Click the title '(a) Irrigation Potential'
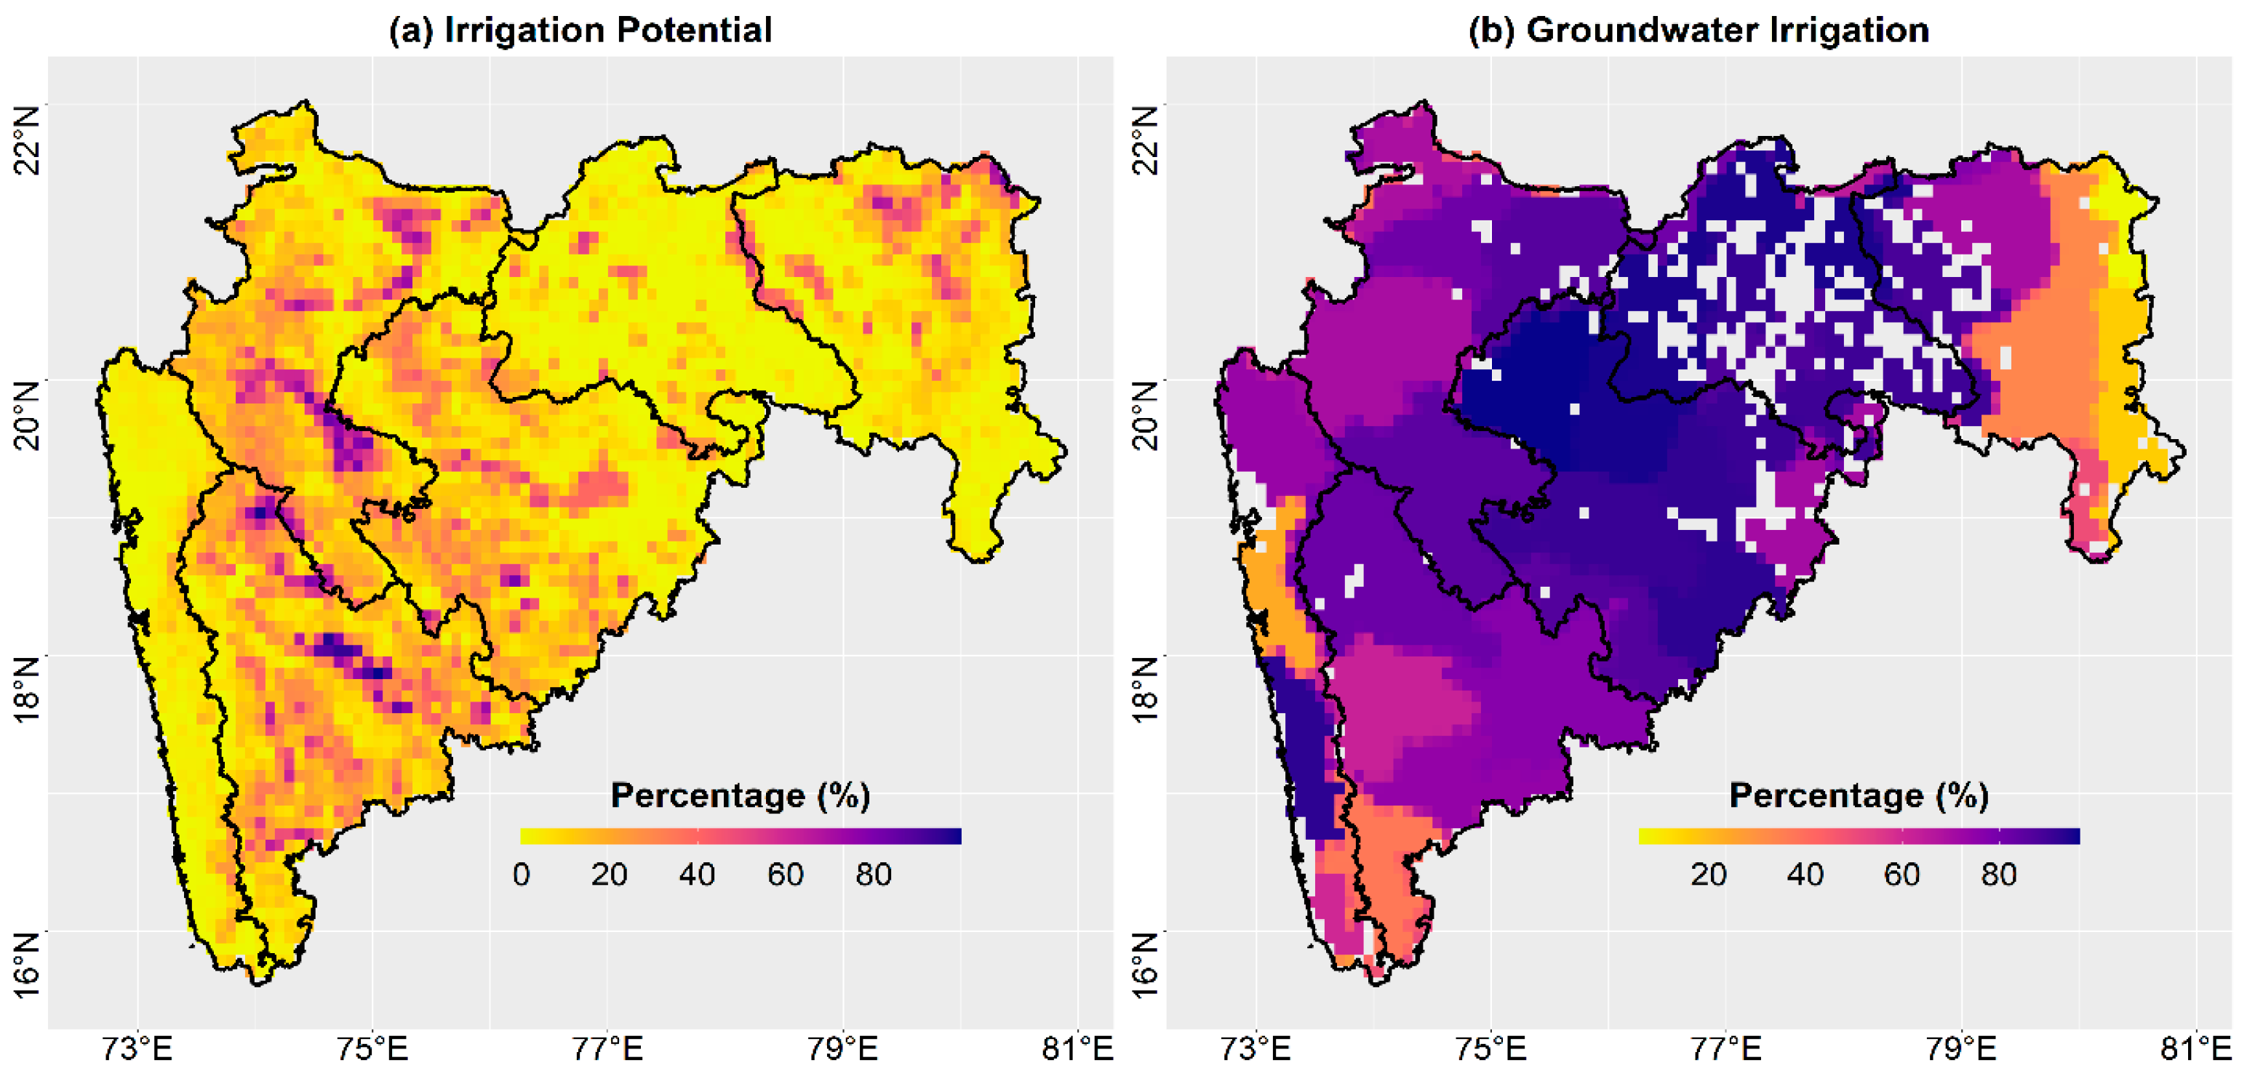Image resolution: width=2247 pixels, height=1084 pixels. point(580,30)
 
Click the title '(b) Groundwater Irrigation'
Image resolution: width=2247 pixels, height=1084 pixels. point(1699,30)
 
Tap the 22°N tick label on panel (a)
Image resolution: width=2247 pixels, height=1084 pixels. point(28,140)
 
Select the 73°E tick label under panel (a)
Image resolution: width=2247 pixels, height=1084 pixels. point(137,1048)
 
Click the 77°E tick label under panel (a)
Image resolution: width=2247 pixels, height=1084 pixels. point(607,1048)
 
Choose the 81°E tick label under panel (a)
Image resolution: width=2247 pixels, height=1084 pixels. point(1078,1048)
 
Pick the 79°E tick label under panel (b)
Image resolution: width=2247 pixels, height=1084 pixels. point(1961,1048)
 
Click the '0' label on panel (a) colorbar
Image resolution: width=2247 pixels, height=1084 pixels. point(522,874)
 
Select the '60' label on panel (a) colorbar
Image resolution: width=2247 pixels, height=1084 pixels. point(785,874)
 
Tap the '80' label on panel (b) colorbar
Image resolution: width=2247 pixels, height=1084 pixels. point(1998,874)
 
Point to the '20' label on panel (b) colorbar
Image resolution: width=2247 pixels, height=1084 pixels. point(1708,874)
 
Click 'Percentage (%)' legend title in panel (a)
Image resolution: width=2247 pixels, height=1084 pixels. point(740,795)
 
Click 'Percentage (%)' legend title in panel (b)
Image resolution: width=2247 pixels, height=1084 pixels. point(1859,795)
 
